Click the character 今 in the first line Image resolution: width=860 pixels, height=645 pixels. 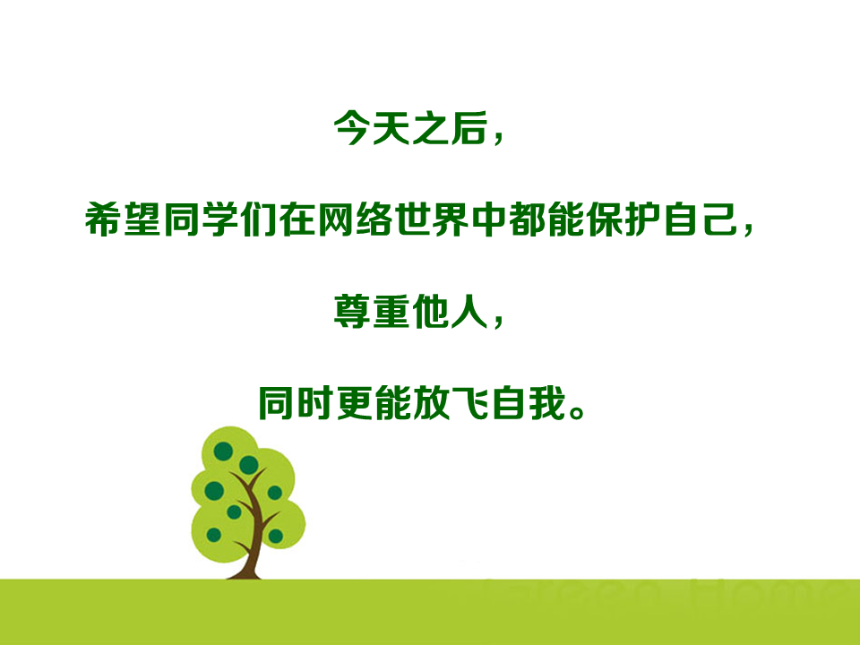351,128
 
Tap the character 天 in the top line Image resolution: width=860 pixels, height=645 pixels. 391,128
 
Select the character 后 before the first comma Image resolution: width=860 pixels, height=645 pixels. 469,128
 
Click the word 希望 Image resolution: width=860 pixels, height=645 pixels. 123,220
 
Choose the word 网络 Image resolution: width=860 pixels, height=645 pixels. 356,220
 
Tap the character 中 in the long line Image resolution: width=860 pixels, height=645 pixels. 490,220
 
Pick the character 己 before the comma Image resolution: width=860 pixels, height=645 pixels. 719,220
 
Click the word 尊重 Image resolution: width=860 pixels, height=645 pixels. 371,312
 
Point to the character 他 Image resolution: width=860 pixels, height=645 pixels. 430,312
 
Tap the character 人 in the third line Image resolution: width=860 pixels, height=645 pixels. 469,312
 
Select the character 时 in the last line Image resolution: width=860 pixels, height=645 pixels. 314,403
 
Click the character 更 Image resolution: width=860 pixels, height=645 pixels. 355,403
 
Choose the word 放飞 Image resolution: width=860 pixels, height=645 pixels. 451,403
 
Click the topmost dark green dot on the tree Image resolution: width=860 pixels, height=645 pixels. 223,451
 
